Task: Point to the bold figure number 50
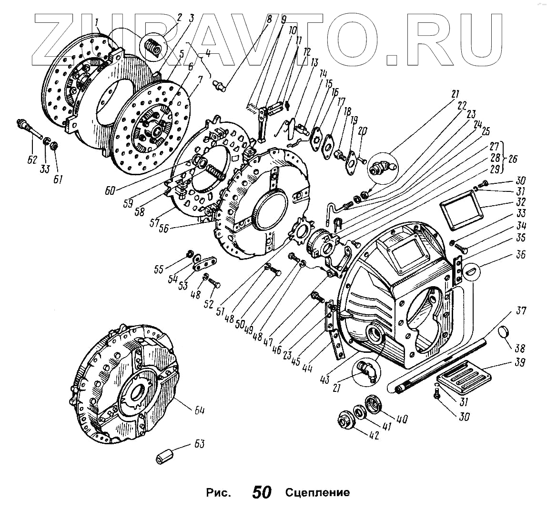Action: click(x=262, y=492)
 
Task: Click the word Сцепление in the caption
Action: click(x=317, y=492)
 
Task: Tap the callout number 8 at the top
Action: click(x=269, y=20)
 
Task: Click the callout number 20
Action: click(x=363, y=132)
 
